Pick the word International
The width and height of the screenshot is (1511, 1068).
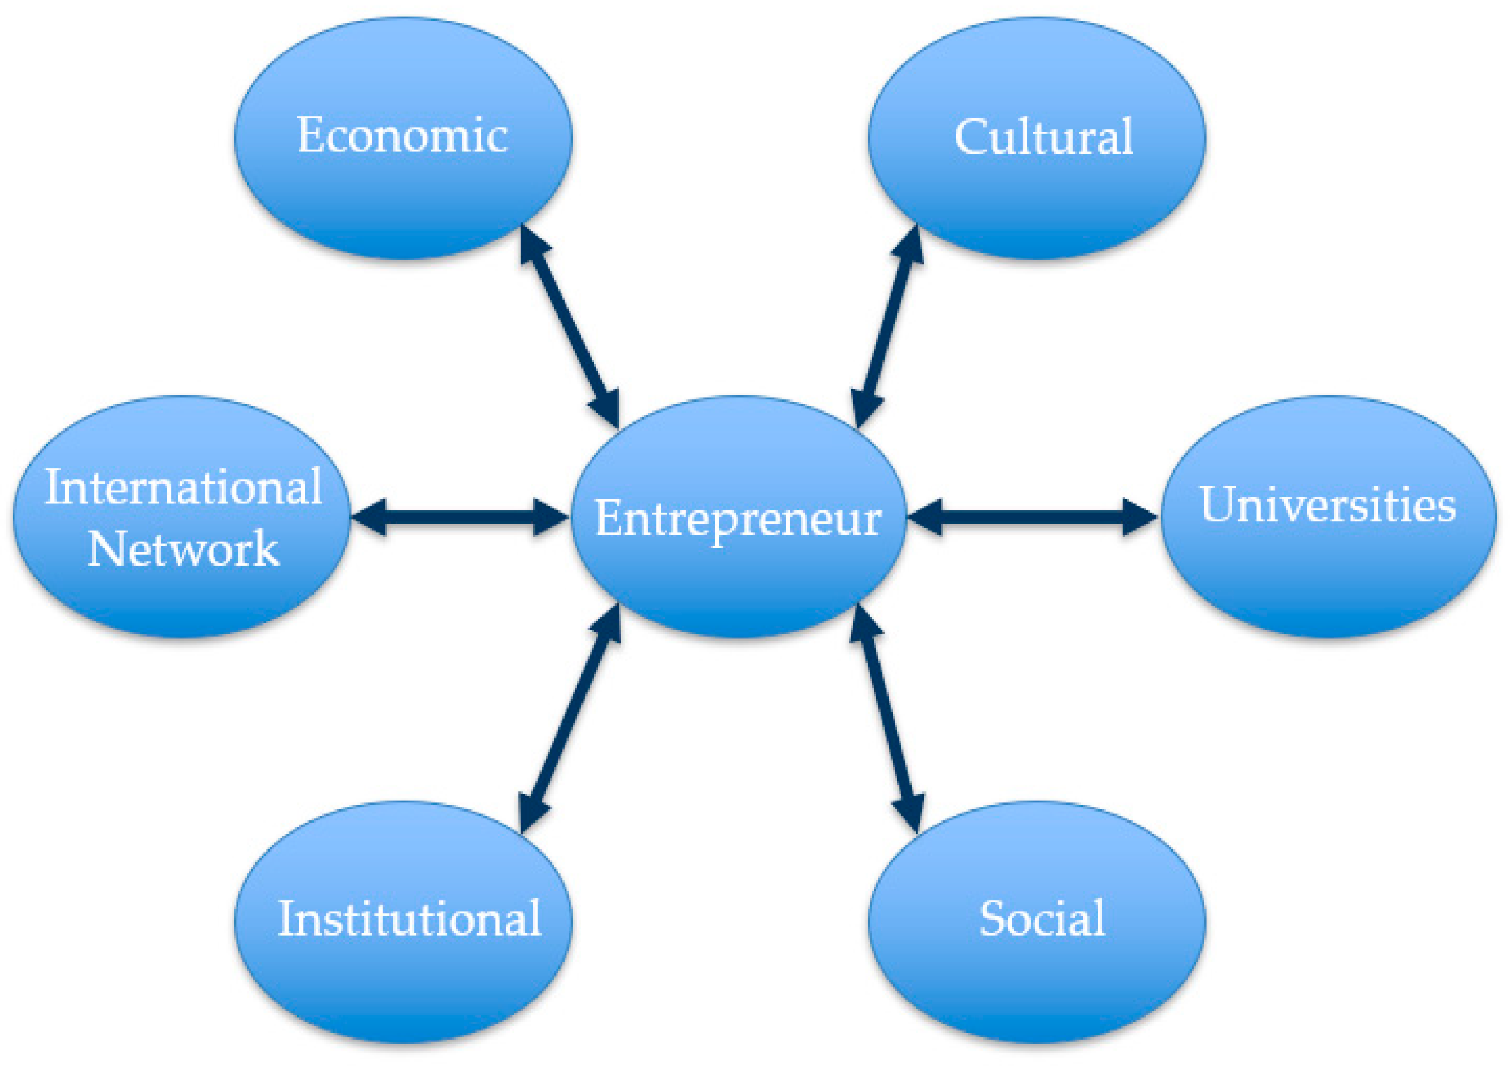coord(183,488)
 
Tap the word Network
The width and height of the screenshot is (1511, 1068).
coord(183,548)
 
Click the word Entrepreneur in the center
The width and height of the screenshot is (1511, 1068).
coord(738,518)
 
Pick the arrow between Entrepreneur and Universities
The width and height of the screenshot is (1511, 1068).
coord(1032,517)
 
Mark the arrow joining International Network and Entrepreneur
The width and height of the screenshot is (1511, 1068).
coord(460,517)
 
